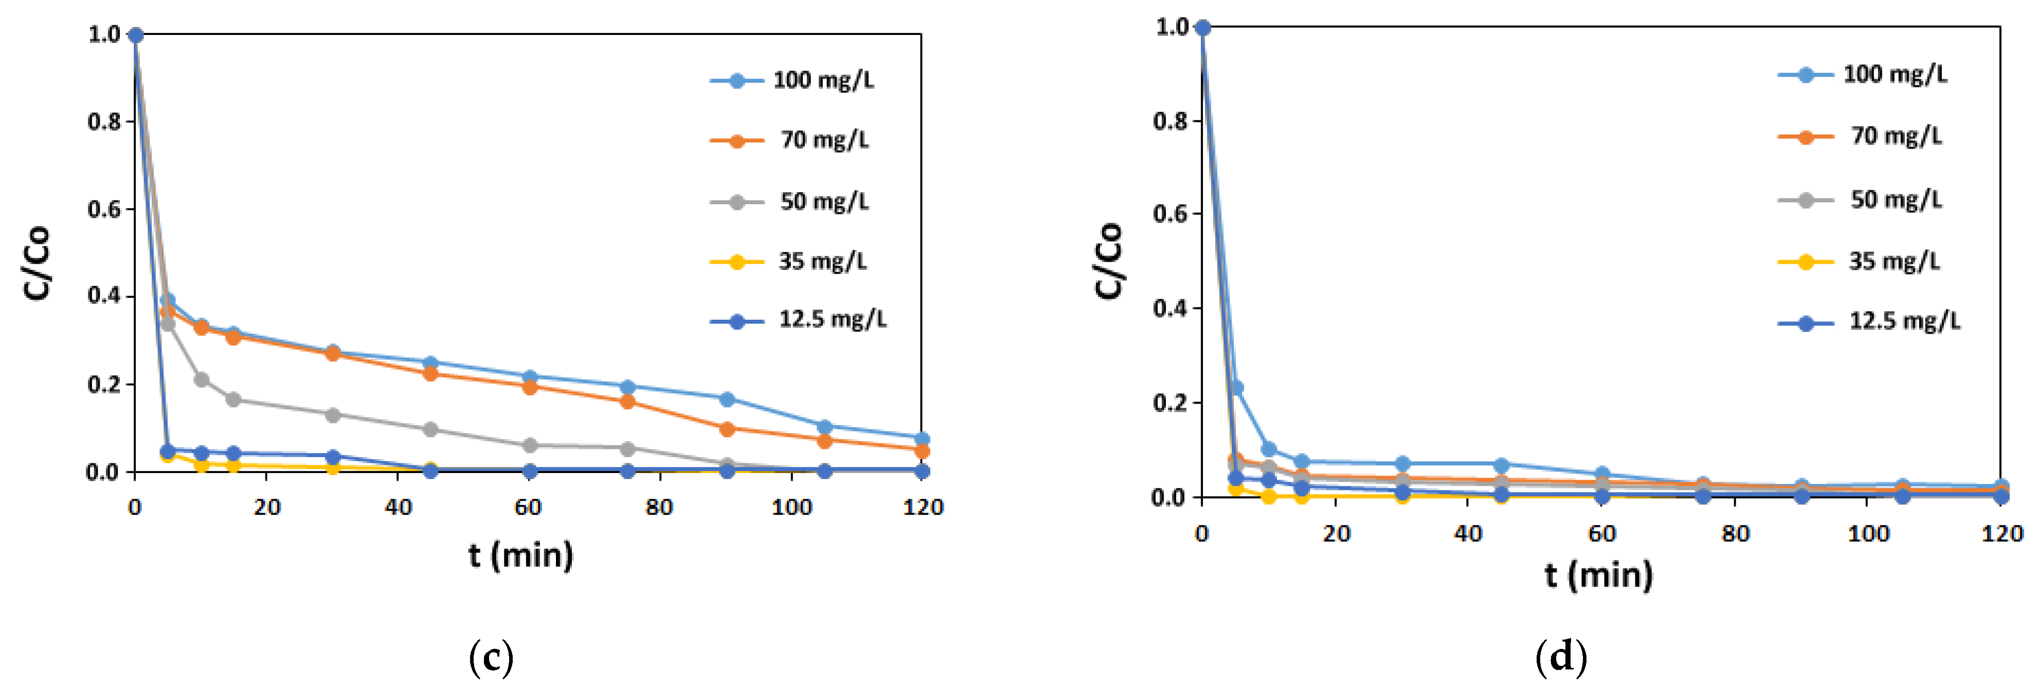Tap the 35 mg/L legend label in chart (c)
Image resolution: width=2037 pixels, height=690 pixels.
[x=822, y=261]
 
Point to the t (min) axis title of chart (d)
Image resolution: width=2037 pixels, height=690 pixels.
[x=1598, y=575]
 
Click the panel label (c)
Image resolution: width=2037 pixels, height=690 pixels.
[x=491, y=657]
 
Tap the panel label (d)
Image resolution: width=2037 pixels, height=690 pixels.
[x=1560, y=657]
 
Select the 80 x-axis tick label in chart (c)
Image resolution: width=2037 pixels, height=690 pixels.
[x=659, y=507]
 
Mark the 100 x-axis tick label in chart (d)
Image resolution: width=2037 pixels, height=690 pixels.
[x=1868, y=534]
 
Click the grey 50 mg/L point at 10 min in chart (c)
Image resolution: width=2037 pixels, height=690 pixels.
[x=201, y=379]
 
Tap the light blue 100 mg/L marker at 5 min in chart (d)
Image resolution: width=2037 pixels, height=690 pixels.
[x=1236, y=388]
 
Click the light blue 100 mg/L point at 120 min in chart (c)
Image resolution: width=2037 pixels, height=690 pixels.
[x=921, y=439]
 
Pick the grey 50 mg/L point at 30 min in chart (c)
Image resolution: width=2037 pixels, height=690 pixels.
[x=332, y=415]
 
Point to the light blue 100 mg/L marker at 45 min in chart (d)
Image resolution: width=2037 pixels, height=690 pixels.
[x=1500, y=465]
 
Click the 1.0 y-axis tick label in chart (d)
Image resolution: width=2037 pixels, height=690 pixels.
[x=1172, y=28]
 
